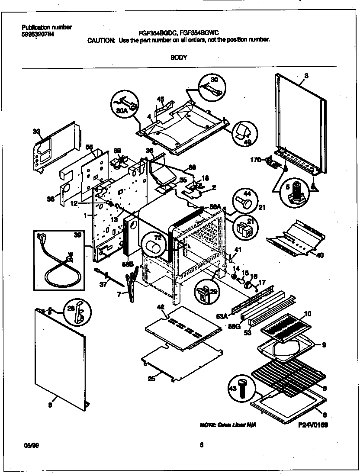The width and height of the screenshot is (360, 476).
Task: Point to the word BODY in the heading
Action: point(178,57)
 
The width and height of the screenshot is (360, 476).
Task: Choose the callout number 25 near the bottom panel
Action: point(151,379)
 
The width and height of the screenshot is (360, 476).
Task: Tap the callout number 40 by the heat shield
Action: point(320,255)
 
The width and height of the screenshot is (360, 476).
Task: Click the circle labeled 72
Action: point(155,246)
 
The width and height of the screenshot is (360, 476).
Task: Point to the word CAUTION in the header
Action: point(101,39)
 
